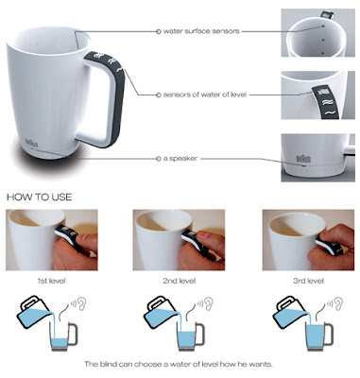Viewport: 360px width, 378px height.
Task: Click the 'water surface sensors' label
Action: point(201,31)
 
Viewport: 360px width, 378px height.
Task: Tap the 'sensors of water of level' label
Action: point(204,94)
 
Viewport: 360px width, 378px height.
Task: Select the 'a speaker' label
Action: point(180,159)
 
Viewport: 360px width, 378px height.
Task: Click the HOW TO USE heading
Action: point(40,198)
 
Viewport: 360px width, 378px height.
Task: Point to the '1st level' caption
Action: point(51,281)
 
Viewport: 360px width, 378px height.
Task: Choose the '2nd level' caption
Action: point(179,281)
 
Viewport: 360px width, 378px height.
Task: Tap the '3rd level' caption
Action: point(308,281)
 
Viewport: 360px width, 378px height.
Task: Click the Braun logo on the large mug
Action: point(31,143)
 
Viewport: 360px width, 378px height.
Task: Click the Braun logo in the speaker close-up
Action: point(303,158)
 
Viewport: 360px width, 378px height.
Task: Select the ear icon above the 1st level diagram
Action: point(81,303)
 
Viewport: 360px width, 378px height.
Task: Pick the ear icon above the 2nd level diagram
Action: point(209,303)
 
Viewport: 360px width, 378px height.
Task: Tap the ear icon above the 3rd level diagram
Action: point(338,303)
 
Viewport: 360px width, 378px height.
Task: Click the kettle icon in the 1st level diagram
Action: point(33,313)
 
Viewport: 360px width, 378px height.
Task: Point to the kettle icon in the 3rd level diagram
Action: point(289,313)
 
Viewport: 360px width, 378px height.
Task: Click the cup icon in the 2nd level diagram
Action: point(190,336)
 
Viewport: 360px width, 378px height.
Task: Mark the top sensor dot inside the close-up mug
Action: point(323,26)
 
